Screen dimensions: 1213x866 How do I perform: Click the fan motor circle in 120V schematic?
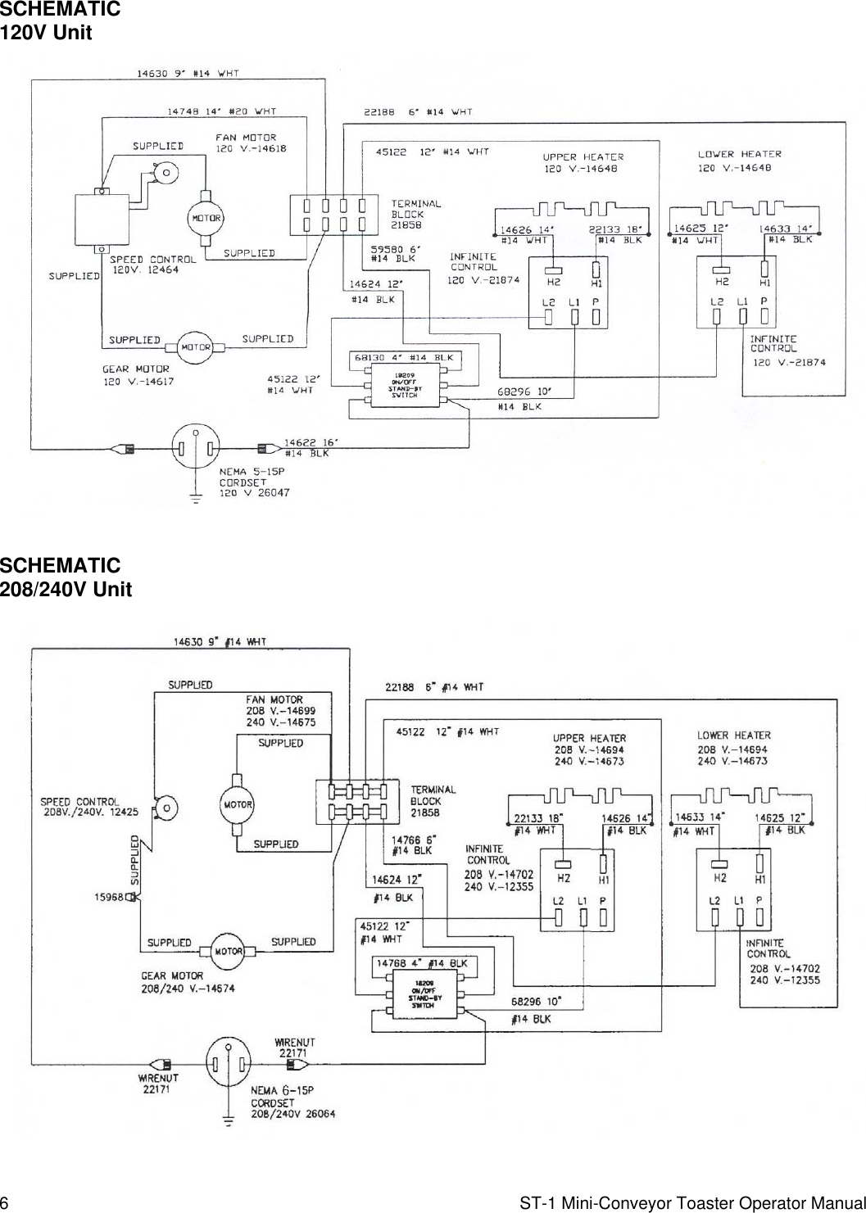point(206,218)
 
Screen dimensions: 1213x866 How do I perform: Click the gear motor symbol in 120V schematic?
point(196,346)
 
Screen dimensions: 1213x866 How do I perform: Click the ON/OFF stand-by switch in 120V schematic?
point(404,385)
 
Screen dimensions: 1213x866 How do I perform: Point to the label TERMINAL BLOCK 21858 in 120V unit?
point(415,214)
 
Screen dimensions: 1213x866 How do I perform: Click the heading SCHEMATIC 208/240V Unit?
point(66,577)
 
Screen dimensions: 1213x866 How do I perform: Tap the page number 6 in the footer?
point(5,1203)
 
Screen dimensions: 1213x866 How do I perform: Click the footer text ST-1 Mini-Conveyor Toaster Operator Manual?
point(692,1203)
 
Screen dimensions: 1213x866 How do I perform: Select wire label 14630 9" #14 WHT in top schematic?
point(188,73)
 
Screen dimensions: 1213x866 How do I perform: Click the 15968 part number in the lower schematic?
point(108,897)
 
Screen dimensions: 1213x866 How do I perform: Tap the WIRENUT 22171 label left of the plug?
point(158,1083)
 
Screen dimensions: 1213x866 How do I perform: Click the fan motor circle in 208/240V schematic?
point(238,804)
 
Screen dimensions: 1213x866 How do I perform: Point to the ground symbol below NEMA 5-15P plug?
point(196,499)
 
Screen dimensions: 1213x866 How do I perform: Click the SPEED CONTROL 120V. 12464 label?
point(152,265)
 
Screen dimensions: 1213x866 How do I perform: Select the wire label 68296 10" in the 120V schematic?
point(524,391)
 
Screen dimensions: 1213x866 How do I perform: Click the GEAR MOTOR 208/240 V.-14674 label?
point(187,982)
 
